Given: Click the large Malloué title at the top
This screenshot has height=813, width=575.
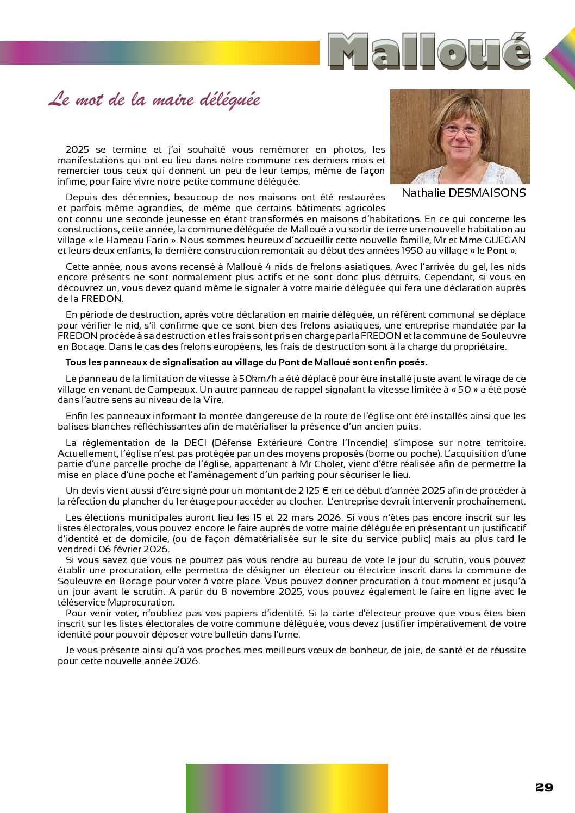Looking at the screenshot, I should click(x=429, y=52).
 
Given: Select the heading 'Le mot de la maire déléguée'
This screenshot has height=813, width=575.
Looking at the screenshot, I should click(x=154, y=100).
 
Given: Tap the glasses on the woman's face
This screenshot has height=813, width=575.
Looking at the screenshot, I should click(x=460, y=130).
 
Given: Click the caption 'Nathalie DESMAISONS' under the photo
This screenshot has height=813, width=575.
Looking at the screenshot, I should click(x=464, y=193).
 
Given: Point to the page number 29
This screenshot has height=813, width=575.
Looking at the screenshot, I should click(x=544, y=787).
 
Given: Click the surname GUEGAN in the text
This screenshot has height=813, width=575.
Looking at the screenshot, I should click(x=505, y=240).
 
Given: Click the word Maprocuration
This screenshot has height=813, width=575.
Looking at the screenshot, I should click(x=141, y=602).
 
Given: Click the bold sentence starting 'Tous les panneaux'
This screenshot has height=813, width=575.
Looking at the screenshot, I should click(x=246, y=362).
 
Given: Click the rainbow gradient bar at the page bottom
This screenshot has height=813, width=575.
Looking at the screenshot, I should click(x=286, y=787).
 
